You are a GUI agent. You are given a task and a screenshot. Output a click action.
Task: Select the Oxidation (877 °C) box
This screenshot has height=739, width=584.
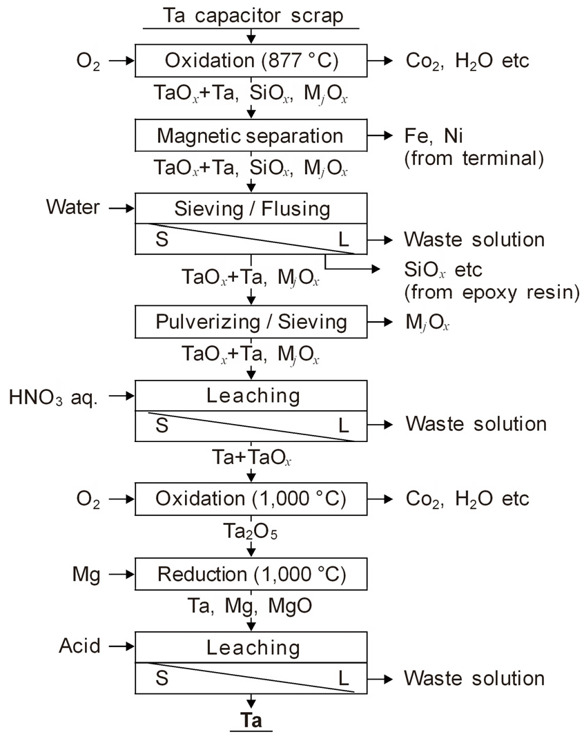point(251,61)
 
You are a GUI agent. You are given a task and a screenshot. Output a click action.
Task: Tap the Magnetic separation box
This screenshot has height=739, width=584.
point(251,135)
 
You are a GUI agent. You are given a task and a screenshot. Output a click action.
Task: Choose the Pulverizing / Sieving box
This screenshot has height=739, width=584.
point(251,322)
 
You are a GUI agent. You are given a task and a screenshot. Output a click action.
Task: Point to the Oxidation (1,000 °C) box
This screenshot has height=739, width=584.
point(251,499)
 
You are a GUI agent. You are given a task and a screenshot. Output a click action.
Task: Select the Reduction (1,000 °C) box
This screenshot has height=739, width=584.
point(251,574)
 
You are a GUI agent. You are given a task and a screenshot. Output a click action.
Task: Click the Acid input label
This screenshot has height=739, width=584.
point(79,646)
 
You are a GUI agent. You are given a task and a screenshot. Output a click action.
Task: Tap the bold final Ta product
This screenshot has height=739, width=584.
point(251,720)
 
